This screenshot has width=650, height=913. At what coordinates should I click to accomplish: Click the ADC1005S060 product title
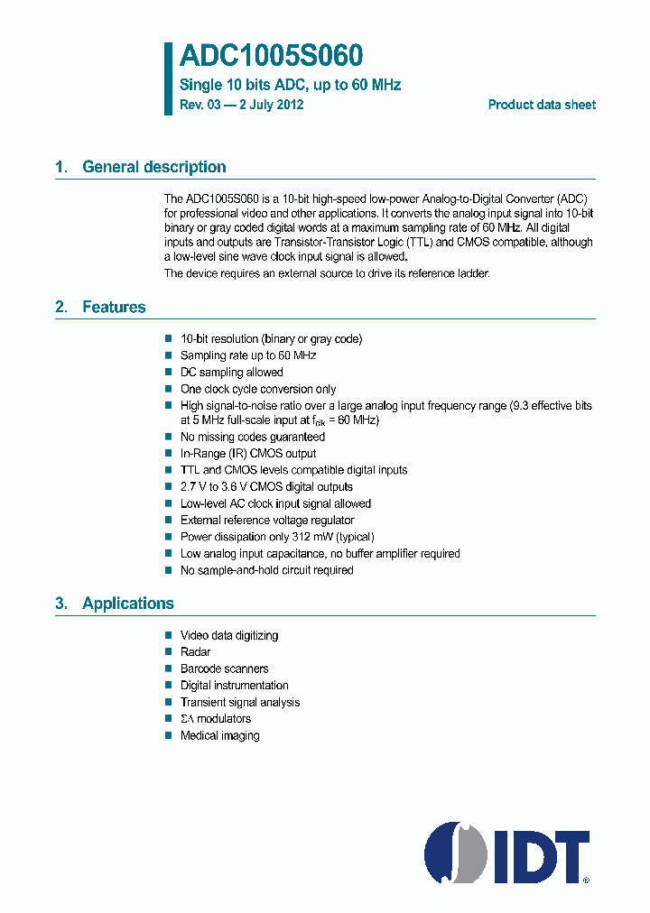pos(271,57)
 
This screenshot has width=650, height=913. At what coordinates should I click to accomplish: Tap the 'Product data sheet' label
pos(542,105)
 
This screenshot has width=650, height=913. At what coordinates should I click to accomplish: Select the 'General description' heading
pos(153,167)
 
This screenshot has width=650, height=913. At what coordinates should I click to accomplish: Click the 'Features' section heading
pos(114,308)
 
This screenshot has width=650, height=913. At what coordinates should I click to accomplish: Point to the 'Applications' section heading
pos(127,604)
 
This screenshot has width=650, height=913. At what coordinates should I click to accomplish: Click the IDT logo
pos(506,852)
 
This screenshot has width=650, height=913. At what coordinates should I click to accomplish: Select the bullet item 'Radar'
pos(195,651)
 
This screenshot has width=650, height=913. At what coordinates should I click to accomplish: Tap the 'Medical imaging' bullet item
pos(219,735)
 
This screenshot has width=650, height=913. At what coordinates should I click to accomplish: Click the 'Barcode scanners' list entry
pos(224,669)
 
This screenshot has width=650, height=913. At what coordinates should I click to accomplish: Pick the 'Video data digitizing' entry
pos(229,635)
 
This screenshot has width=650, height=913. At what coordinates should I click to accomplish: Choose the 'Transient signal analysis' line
pos(240,702)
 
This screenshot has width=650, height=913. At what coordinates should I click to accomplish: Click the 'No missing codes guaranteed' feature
pos(253,437)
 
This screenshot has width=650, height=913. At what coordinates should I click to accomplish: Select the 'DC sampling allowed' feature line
pos(232,372)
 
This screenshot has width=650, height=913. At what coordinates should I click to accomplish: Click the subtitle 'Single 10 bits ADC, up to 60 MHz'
pos(291,85)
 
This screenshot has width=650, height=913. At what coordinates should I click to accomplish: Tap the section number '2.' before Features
pos(61,308)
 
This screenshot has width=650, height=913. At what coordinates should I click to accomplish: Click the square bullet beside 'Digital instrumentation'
pos(168,686)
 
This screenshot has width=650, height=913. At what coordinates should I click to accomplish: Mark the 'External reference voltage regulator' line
pos(267,520)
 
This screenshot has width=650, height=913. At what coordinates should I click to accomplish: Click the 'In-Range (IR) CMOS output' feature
pos(248,454)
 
